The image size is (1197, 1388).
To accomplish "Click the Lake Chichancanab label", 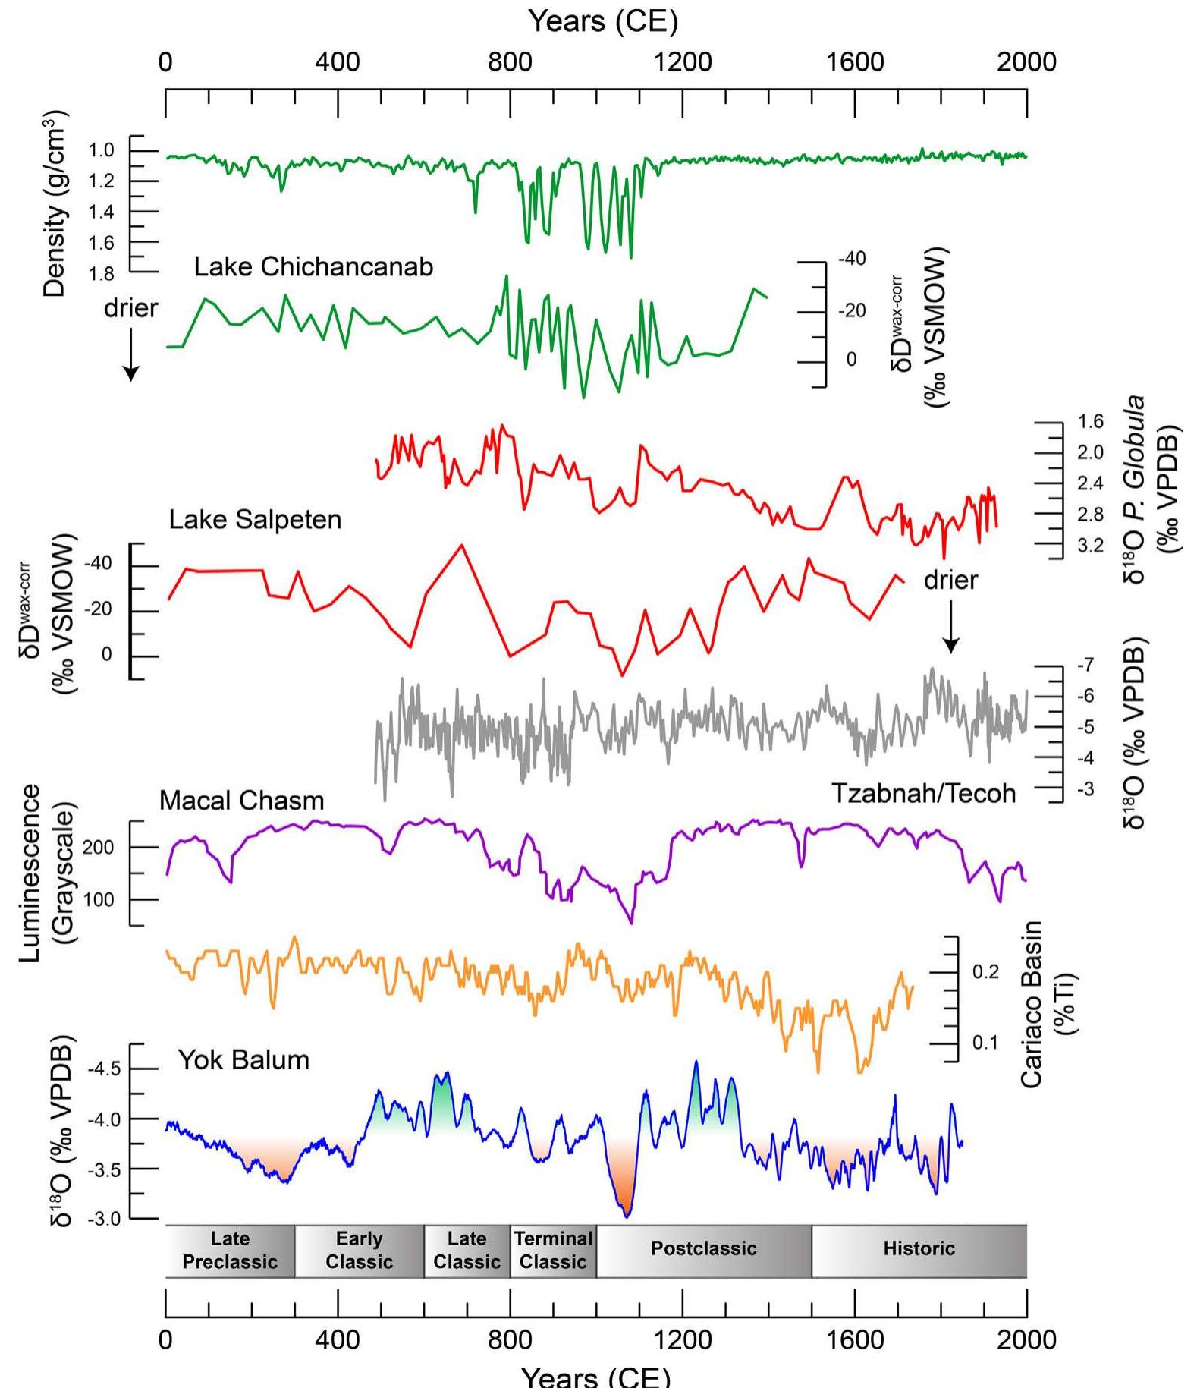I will click(313, 267).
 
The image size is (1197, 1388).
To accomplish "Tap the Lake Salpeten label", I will click(255, 520).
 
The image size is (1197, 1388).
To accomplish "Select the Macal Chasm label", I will click(241, 801).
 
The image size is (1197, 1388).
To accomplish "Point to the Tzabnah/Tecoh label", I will click(923, 793).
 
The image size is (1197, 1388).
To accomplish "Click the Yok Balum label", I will click(243, 1059).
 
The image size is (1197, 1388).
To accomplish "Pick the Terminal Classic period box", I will click(553, 1250).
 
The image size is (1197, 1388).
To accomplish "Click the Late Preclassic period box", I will click(230, 1250).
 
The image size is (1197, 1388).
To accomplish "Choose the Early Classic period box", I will click(359, 1250).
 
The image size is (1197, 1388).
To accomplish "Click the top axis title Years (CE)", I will click(602, 21).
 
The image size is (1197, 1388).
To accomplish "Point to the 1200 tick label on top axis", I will click(682, 62).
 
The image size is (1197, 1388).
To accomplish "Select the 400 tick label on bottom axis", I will click(338, 1339).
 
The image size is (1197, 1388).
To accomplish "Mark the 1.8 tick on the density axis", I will click(101, 274).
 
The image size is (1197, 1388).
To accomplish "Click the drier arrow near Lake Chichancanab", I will click(131, 353).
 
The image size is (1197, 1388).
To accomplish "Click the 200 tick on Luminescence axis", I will click(98, 848).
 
